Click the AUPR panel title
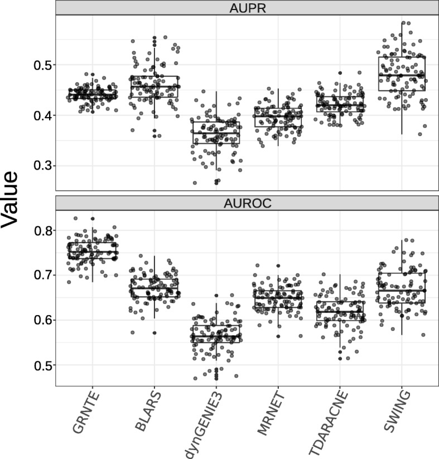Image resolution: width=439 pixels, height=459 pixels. [x=247, y=8]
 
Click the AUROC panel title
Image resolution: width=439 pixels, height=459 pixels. [x=247, y=202]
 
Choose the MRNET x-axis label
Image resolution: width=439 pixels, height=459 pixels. [x=271, y=412]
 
